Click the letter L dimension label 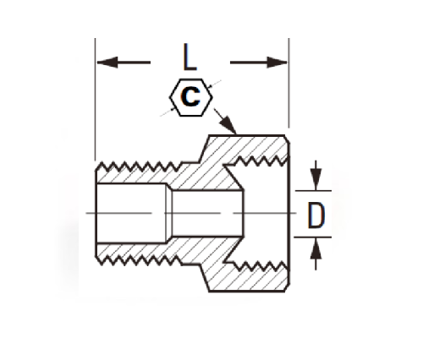[190, 57]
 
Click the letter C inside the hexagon [191, 96]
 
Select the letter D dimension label [316, 215]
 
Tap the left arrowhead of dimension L [107, 63]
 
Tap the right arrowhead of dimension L [277, 63]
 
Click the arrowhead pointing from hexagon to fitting [228, 125]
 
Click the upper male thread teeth [139, 166]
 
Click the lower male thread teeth [139, 260]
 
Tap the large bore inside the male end [131, 213]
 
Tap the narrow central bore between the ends [207, 214]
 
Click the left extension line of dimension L [95, 99]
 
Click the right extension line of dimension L [288, 83]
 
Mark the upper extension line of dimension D [313, 191]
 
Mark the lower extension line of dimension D [312, 237]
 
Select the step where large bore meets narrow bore [168, 213]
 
